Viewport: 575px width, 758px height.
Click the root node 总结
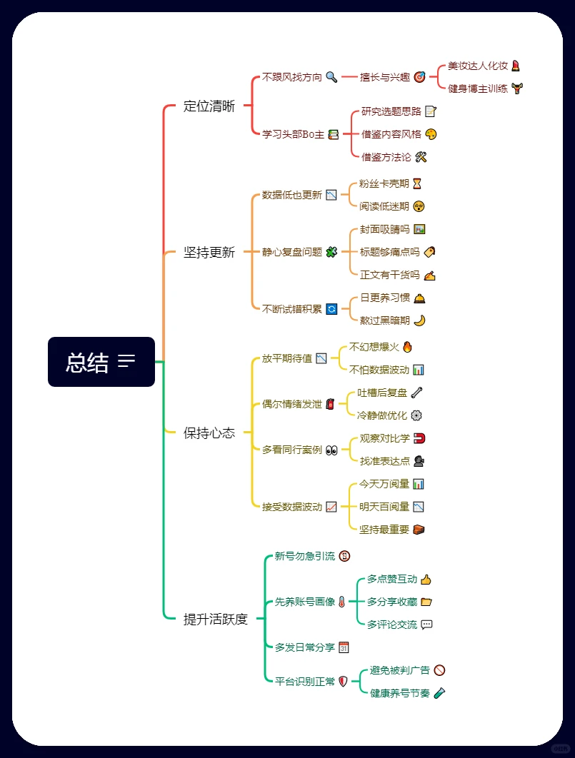[101, 362]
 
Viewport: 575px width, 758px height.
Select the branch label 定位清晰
[209, 106]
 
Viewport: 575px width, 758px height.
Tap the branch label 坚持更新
[209, 252]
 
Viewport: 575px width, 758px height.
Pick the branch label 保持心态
[209, 433]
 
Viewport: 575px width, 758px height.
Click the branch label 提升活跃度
[215, 619]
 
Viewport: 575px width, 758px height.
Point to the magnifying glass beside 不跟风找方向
[331, 77]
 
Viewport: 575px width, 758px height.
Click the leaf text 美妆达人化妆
[477, 66]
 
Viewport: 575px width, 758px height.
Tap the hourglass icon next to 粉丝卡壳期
[417, 183]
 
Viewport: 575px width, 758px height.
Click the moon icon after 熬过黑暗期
[419, 320]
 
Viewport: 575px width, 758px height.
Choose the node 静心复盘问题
[292, 252]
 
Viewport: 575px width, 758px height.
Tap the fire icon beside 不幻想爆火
[407, 347]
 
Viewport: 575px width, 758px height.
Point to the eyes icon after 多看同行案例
[331, 450]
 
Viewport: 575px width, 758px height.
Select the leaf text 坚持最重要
[384, 530]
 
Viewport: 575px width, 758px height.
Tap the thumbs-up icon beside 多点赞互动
[426, 580]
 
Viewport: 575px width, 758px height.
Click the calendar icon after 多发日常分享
[344, 647]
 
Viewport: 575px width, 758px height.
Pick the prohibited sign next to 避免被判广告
[439, 670]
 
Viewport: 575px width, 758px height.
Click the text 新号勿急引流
[304, 556]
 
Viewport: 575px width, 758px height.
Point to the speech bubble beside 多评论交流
[426, 625]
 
